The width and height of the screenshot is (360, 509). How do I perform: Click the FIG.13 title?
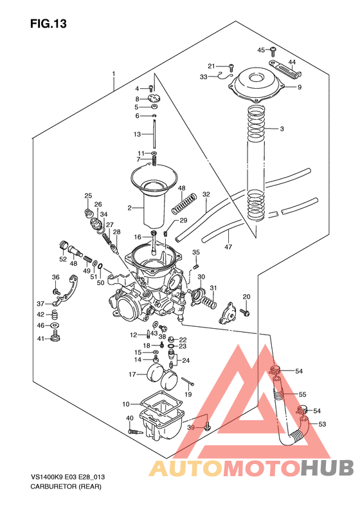point(48,24)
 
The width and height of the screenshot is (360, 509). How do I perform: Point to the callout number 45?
point(261,50)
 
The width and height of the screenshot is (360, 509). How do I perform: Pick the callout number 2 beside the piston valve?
point(129,208)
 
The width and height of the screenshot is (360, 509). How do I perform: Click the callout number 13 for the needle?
point(137,134)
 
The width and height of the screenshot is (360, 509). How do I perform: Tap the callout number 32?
point(206,194)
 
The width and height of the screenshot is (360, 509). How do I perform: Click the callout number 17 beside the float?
point(132,375)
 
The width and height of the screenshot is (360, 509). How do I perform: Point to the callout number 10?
point(126,403)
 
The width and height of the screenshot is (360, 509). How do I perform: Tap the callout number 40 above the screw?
point(129,419)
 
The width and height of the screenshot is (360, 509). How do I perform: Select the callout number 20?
point(246,296)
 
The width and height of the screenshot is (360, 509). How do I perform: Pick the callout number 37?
point(40,303)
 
